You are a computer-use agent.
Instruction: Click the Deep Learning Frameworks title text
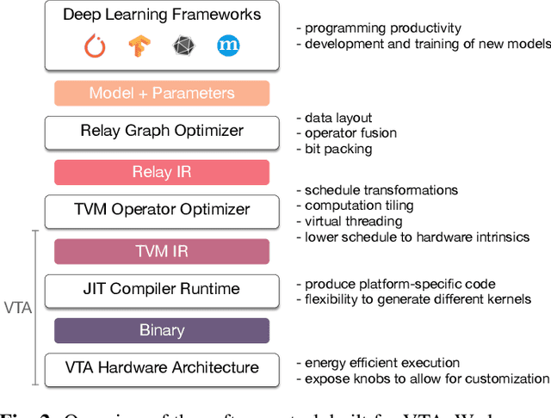[161, 15]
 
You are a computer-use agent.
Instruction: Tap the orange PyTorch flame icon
[95, 46]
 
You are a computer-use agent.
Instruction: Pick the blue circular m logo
[228, 46]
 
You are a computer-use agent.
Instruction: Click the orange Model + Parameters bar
[162, 93]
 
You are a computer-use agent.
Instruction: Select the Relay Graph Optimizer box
[162, 131]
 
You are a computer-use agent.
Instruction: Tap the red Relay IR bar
[162, 171]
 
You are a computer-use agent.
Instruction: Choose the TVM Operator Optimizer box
[162, 209]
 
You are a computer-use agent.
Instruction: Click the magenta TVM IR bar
[162, 250]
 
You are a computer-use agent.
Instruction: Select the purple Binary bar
[162, 330]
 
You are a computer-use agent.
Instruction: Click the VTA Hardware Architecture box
[162, 367]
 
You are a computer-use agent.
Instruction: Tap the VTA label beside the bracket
[16, 307]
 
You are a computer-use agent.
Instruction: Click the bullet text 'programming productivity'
[378, 28]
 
